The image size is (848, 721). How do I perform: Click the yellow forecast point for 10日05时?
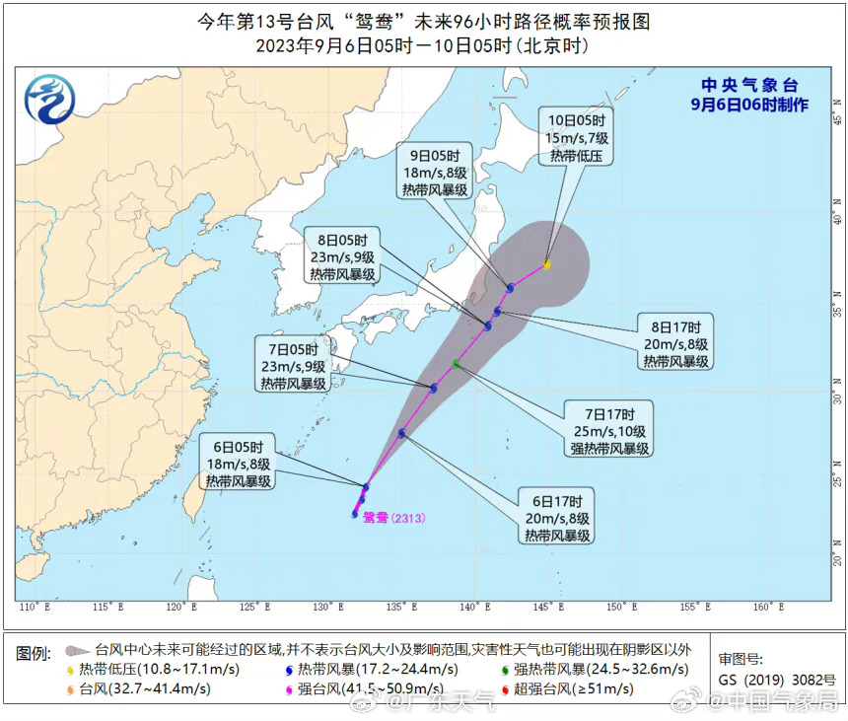click(546, 264)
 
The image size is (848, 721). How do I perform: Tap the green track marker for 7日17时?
click(456, 364)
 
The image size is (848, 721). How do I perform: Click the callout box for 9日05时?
click(434, 173)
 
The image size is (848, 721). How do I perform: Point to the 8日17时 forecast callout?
click(677, 344)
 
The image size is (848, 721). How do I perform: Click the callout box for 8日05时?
click(342, 256)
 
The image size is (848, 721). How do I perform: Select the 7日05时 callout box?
click(293, 367)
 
